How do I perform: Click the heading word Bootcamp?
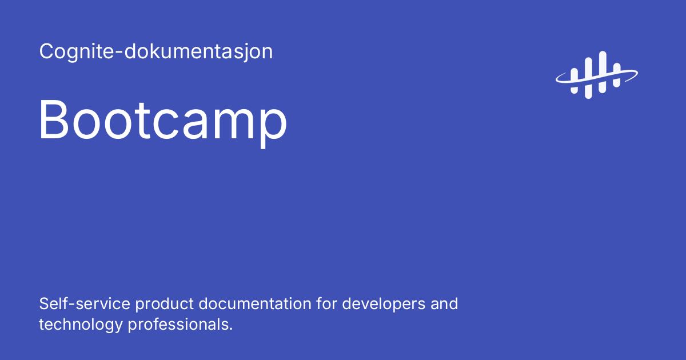163,120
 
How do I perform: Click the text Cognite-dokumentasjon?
155,52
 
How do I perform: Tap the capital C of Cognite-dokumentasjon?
46,51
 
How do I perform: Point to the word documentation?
255,303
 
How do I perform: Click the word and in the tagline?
444,303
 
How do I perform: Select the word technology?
81,325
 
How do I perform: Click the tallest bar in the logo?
602,72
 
